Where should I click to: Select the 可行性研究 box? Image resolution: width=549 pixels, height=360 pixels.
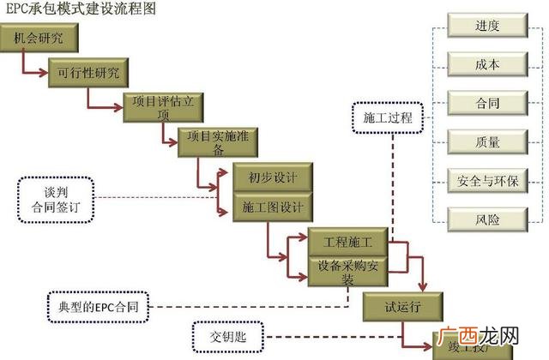pos(89,70)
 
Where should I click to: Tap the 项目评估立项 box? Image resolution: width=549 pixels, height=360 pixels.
pos(163,107)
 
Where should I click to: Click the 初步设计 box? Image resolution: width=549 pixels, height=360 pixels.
pos(266,177)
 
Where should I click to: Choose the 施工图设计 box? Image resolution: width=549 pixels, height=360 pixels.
pos(266,207)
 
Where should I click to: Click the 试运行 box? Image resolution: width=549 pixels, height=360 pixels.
pos(403,306)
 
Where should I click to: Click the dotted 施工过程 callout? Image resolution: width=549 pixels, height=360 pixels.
pos(389,118)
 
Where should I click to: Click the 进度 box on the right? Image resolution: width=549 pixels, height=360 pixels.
pos(487,27)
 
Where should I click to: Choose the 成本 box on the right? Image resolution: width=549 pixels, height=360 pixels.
pos(487,65)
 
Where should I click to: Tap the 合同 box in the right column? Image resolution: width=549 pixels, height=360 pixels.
pos(487,104)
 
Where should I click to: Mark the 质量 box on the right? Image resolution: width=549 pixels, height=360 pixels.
pos(487,142)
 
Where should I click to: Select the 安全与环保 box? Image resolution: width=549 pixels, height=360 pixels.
pos(487,181)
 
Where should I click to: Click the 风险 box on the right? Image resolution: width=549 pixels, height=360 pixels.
pos(487,219)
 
